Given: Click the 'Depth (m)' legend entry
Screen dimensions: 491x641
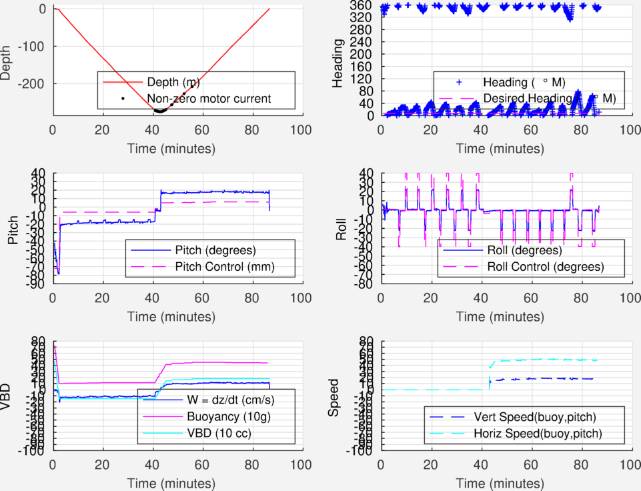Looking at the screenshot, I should click(173, 82).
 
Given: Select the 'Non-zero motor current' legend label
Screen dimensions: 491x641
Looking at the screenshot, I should click(209, 99).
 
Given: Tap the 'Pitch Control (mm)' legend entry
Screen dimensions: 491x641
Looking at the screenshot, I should click(224, 268).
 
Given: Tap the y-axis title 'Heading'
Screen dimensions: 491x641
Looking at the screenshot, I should click(338, 63).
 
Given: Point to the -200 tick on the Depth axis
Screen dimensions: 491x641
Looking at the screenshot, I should click(33, 85).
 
